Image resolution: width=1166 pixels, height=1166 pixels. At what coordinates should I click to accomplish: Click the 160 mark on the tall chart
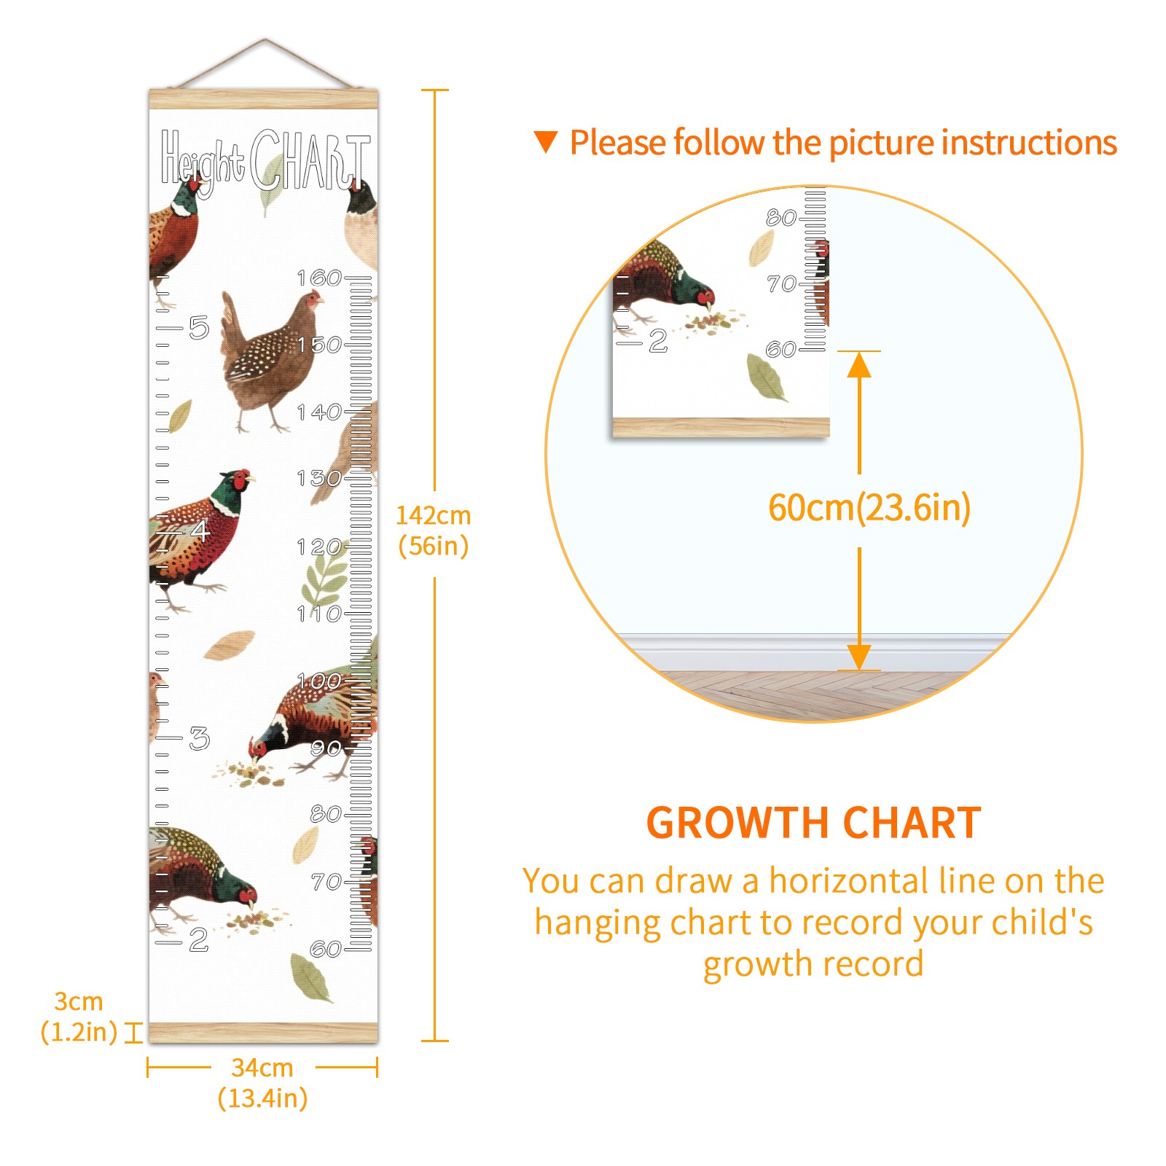[x=319, y=278]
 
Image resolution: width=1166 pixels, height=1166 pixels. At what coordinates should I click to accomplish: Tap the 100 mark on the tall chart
[x=319, y=681]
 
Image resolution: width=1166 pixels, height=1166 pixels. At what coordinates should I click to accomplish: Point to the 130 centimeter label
[x=319, y=479]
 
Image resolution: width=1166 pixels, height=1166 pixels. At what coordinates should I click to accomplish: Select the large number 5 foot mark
[x=199, y=328]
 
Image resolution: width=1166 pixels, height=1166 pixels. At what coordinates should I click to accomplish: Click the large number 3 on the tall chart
[x=199, y=738]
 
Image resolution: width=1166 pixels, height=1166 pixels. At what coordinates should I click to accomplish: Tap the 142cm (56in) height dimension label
[x=434, y=531]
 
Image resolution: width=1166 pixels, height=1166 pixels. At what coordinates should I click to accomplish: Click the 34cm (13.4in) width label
[x=262, y=1083]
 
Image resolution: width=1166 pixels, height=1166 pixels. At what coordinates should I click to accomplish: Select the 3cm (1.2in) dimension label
[x=79, y=1017]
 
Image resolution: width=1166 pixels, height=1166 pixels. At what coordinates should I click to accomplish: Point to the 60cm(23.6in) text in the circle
[x=869, y=507]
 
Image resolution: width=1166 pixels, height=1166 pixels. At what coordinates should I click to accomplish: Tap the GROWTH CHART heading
[x=814, y=823]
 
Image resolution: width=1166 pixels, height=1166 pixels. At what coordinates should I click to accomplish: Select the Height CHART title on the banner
[x=265, y=162]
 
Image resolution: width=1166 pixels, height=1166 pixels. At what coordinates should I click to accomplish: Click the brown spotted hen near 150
[x=271, y=360]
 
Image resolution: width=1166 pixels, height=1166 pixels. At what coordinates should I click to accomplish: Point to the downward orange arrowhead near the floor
[x=859, y=657]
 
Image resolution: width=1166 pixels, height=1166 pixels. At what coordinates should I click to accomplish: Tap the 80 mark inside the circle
[x=781, y=217]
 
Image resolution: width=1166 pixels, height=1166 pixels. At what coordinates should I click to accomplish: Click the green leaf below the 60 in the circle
[x=766, y=377]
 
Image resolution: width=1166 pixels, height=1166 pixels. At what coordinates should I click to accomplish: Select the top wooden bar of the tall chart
[x=264, y=99]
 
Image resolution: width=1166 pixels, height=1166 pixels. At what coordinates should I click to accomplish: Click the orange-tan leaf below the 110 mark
[x=229, y=645]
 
